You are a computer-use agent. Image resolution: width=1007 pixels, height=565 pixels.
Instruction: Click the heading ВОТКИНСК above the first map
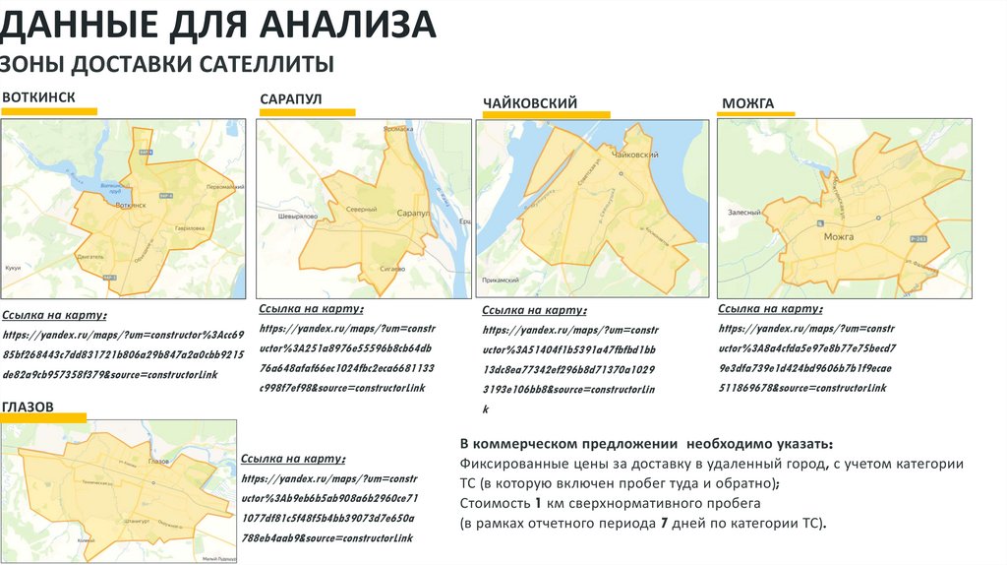tap(38, 96)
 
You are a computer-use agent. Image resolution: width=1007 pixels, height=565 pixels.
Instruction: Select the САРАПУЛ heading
tap(291, 99)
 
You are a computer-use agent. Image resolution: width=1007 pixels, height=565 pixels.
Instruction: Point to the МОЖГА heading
tap(748, 103)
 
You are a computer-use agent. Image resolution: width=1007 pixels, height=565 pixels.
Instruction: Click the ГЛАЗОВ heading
tap(28, 407)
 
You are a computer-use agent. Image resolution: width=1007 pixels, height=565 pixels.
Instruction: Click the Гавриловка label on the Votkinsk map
tap(189, 227)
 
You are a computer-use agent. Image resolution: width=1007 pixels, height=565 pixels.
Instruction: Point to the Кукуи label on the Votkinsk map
tap(14, 267)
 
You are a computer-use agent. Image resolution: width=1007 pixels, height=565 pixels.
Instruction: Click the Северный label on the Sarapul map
tap(361, 209)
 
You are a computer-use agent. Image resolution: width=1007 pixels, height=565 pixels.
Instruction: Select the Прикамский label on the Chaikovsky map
tap(500, 280)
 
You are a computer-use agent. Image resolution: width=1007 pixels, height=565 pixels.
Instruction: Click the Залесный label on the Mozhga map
tap(744, 213)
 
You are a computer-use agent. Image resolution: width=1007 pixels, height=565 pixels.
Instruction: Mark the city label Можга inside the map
tap(837, 237)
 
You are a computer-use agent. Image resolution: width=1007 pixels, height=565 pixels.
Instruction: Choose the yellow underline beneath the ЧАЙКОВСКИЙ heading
tap(546, 115)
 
